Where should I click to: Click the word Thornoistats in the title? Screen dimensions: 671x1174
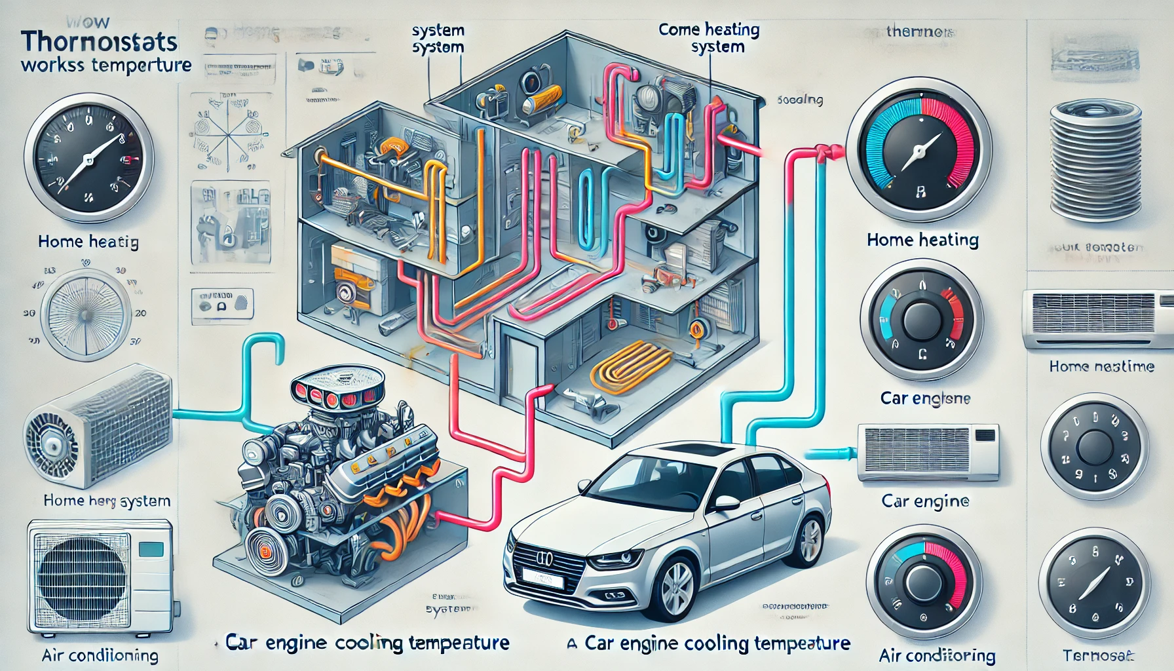coord(99,43)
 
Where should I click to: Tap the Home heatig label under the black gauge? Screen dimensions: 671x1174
coord(88,242)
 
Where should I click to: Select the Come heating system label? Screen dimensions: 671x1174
coord(709,37)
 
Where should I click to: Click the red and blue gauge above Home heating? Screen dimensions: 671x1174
coord(918,150)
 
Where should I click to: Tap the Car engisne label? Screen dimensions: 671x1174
coord(925,398)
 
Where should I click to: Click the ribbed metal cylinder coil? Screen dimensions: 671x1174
coord(1095,161)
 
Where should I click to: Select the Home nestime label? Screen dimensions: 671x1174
coord(1101,366)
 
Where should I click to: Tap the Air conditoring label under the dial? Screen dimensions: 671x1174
coord(937,655)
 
